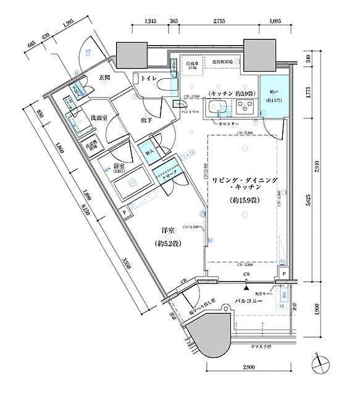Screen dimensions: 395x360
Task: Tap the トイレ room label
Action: [148, 78]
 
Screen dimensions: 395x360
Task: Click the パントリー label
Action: [188, 112]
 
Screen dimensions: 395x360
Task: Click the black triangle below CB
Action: [246, 287]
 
